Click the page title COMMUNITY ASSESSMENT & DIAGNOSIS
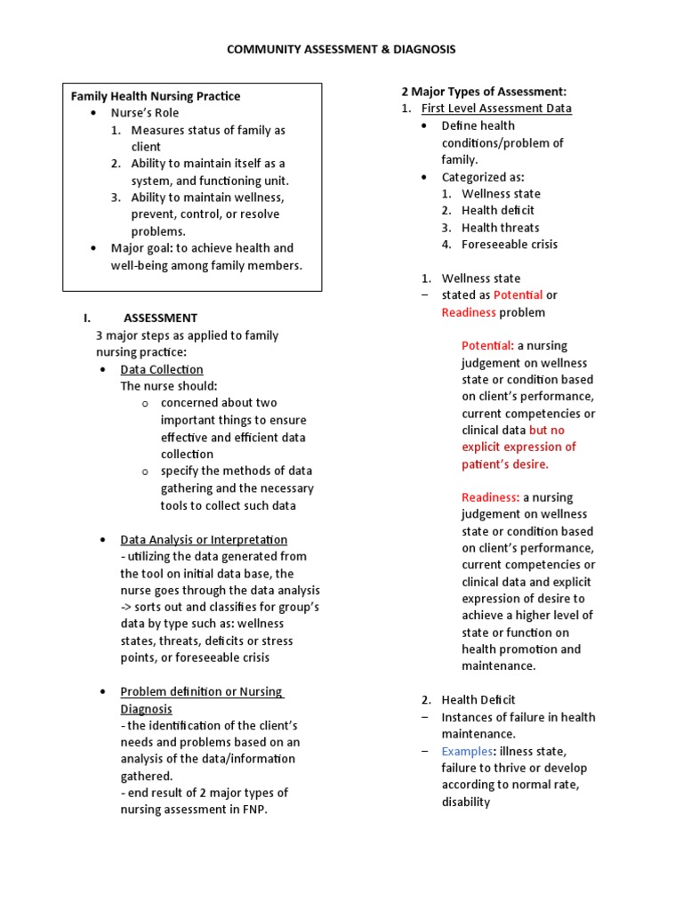341,50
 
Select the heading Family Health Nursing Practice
156,96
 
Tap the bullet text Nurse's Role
144,113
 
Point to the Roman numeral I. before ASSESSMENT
87,318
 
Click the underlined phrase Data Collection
162,369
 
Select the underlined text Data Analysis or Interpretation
204,539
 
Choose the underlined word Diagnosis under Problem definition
146,709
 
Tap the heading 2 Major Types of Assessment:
484,92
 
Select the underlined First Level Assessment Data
496,109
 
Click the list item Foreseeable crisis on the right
510,244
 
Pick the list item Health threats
500,227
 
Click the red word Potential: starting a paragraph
487,345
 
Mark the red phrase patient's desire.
504,464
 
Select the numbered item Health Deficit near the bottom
478,700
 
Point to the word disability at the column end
465,802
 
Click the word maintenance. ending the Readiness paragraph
498,665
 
